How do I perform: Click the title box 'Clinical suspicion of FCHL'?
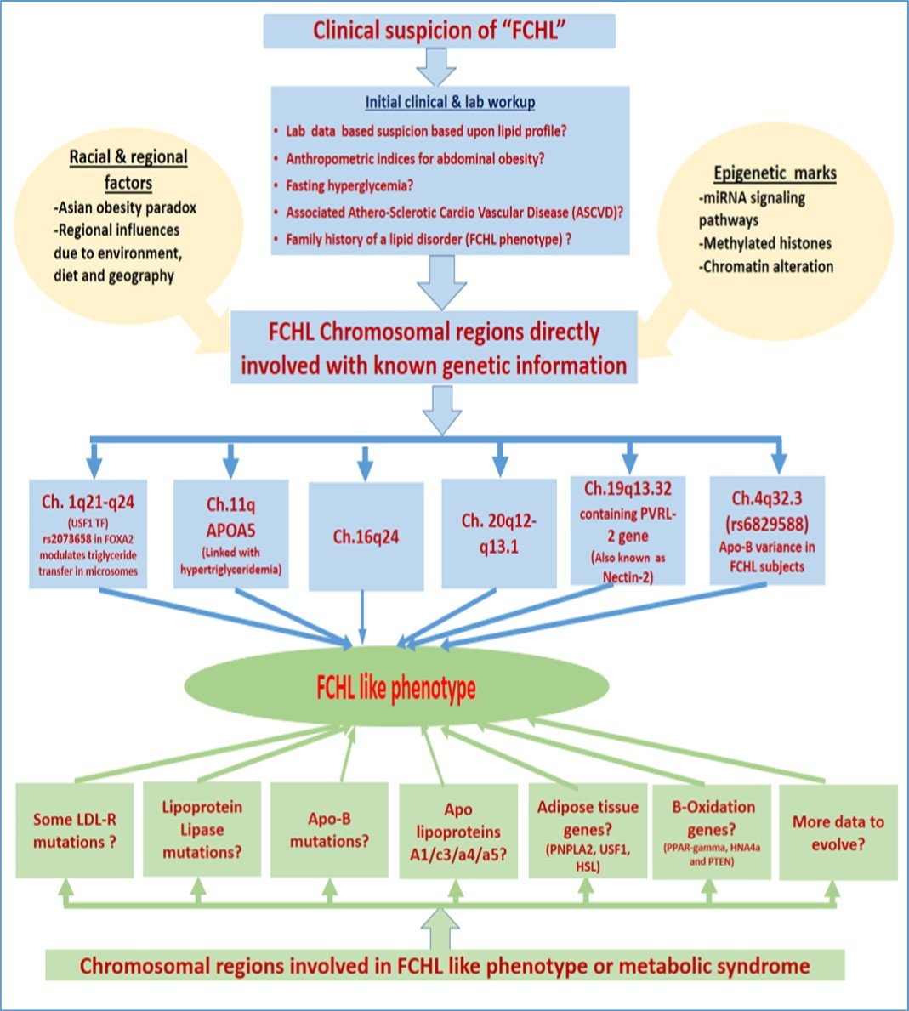point(439,31)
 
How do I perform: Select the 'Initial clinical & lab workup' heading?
point(450,102)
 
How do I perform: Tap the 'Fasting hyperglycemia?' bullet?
point(349,185)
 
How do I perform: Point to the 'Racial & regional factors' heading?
point(128,169)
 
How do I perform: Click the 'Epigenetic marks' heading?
point(775,173)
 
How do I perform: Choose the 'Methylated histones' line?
point(765,243)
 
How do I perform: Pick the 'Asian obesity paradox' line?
point(125,207)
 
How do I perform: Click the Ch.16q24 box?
point(366,537)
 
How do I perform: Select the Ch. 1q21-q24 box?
point(88,534)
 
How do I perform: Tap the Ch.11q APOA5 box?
point(231,534)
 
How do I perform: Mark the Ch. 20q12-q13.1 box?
point(499,533)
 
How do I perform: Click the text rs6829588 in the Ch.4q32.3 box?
point(767,524)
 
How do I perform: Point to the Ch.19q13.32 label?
point(628,489)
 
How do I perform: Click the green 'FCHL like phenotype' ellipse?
point(396,688)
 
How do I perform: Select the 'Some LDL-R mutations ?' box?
point(75,831)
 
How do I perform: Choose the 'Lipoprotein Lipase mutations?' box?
point(202,829)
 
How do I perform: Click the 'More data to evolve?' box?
point(838,832)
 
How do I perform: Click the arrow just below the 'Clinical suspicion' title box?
point(436,67)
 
